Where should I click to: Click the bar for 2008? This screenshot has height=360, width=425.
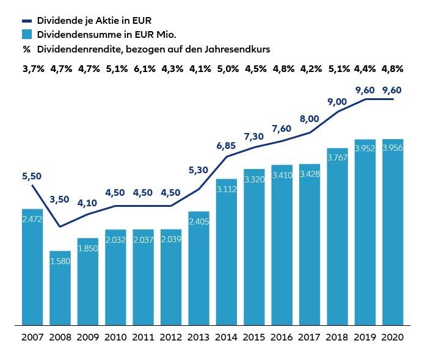(60, 287)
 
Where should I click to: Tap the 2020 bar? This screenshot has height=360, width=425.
(393, 232)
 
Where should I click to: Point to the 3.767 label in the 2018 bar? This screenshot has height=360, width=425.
(337, 157)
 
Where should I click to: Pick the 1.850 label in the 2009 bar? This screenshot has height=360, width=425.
(88, 248)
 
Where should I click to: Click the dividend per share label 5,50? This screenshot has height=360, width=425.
(32, 176)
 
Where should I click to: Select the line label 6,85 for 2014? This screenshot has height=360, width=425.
(226, 146)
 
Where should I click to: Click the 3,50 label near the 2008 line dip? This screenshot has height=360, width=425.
(60, 200)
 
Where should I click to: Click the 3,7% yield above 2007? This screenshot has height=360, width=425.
(33, 69)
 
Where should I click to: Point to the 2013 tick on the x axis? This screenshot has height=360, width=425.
(199, 337)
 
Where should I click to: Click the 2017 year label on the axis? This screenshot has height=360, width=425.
(310, 337)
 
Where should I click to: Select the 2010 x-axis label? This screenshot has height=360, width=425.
(115, 337)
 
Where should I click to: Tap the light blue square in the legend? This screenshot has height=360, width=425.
(26, 34)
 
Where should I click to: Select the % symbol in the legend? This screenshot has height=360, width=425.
(26, 49)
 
